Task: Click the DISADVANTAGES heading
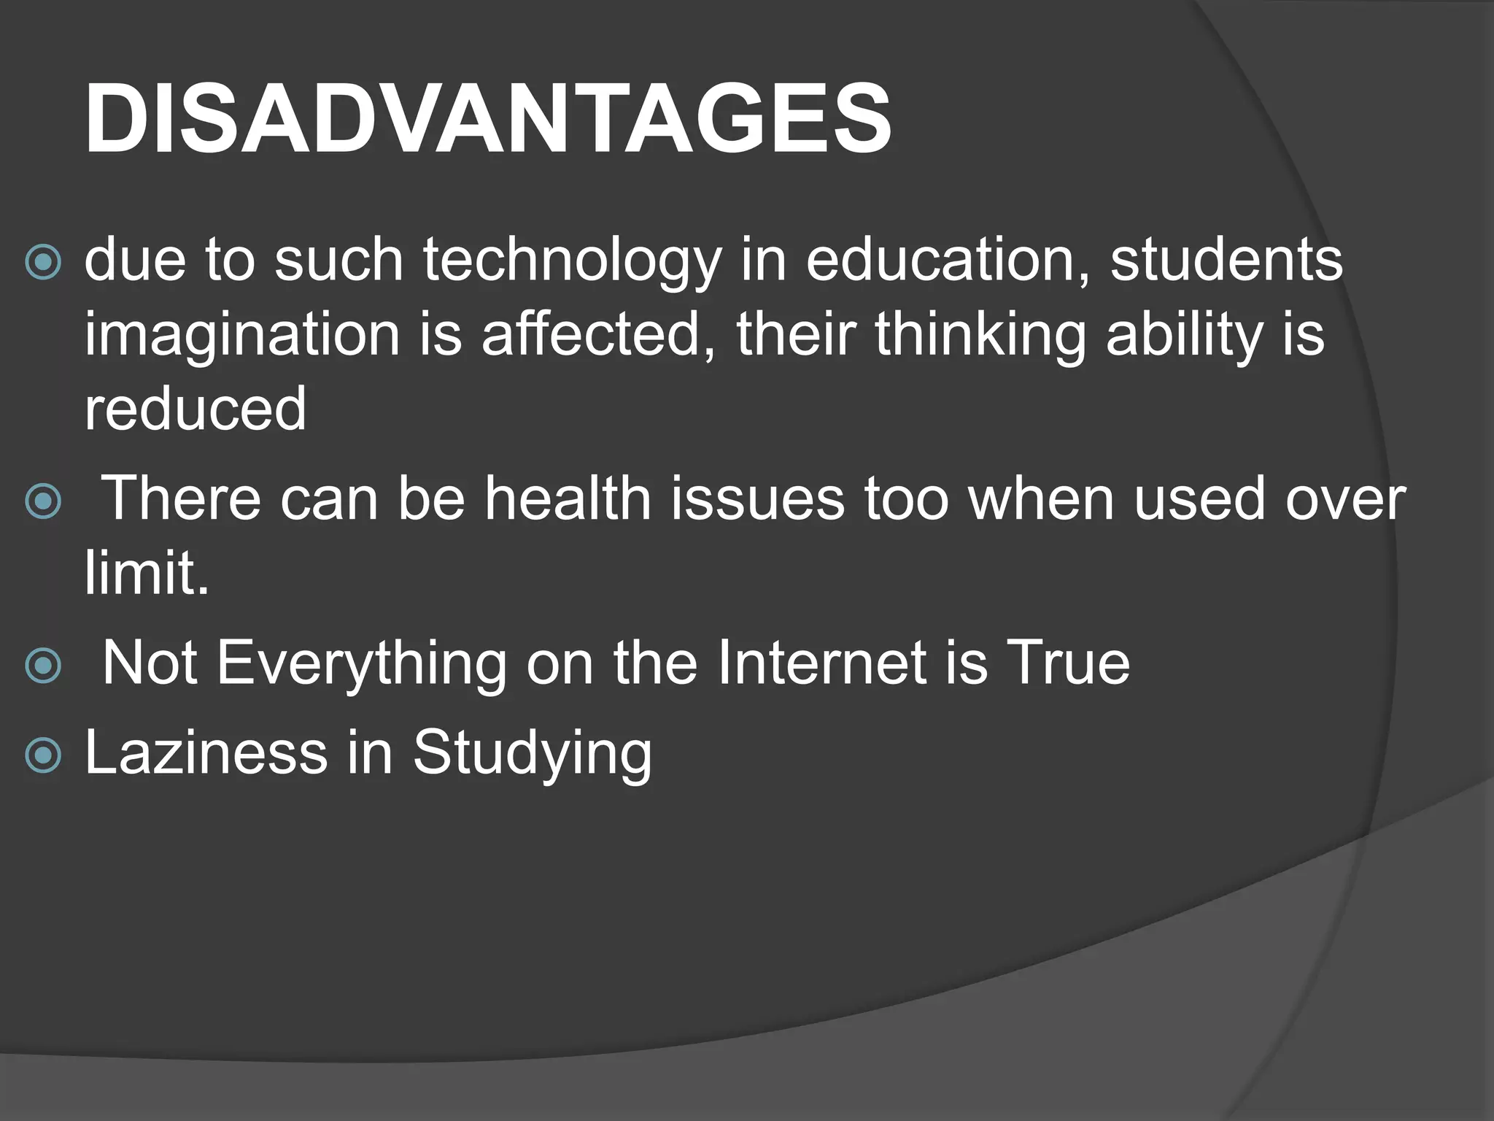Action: click(487, 119)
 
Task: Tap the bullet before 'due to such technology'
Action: click(43, 263)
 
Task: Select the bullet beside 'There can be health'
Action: click(43, 501)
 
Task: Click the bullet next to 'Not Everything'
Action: click(43, 665)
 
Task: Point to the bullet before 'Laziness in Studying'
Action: click(43, 755)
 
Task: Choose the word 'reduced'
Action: click(196, 409)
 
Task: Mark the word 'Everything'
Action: click(362, 665)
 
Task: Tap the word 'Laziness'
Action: click(206, 753)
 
